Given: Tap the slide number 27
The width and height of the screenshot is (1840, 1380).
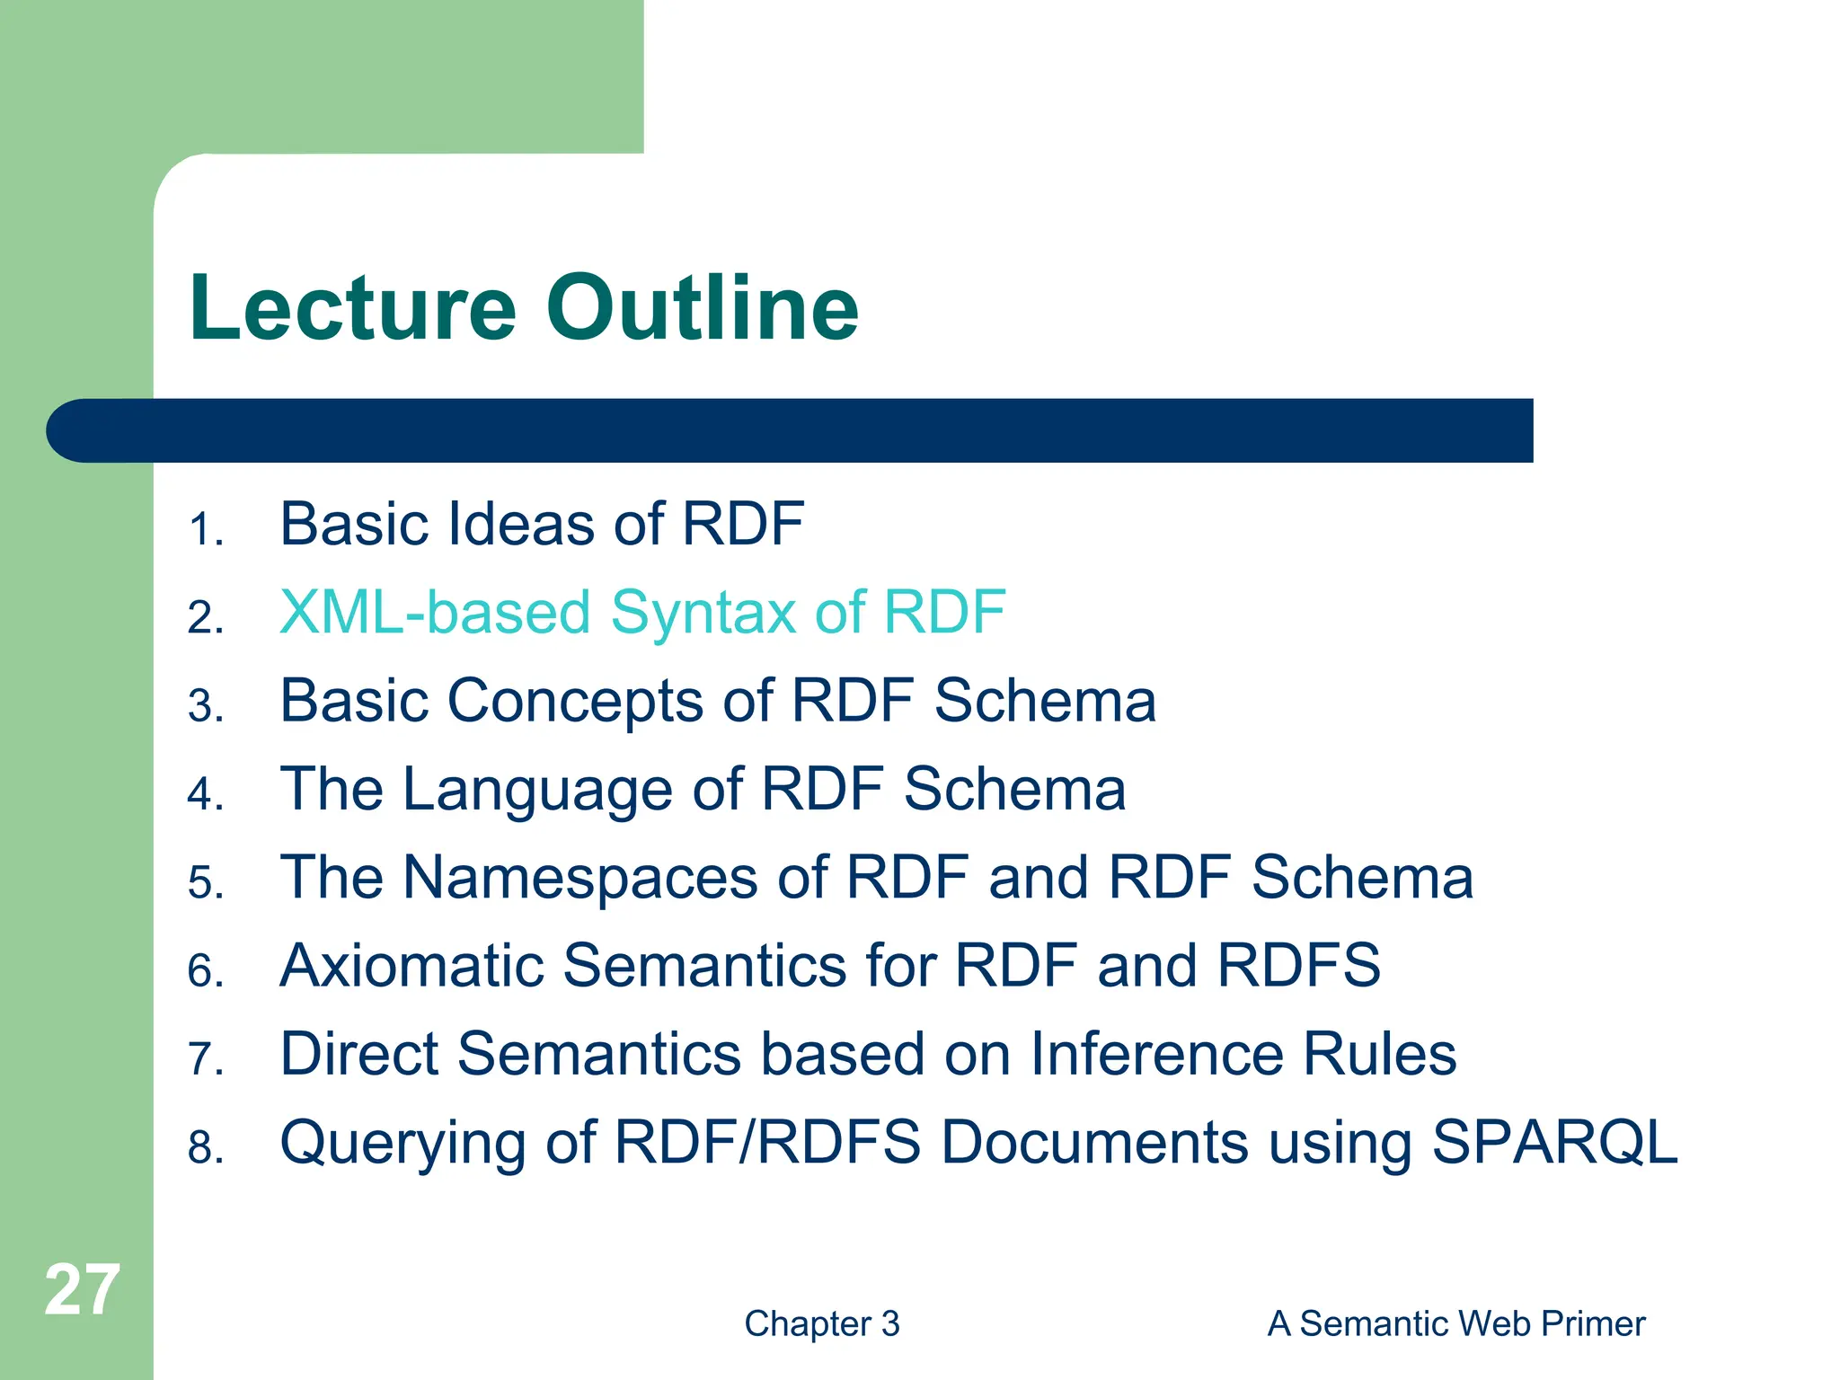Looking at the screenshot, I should point(82,1290).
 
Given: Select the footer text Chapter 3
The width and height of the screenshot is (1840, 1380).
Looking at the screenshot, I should point(821,1323).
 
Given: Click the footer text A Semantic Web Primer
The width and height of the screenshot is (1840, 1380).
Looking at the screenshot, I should point(1455,1323).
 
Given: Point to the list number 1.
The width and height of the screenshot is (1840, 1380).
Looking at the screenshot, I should point(204,529).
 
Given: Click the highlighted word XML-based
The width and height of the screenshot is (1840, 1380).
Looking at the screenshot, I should point(434,613).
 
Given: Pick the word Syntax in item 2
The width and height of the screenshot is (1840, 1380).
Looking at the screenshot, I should point(703,613).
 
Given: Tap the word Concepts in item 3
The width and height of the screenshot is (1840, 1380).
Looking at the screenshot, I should point(575,702).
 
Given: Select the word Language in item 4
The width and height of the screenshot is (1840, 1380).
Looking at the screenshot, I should point(537,790).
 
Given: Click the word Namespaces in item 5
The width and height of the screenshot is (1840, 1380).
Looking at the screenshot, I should point(579,878).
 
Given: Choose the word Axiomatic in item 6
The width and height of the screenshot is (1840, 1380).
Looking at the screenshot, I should point(411,966).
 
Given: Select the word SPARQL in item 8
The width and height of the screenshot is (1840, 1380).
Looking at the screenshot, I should point(1553,1142).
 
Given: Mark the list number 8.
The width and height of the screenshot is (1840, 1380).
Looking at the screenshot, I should point(205,1148).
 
